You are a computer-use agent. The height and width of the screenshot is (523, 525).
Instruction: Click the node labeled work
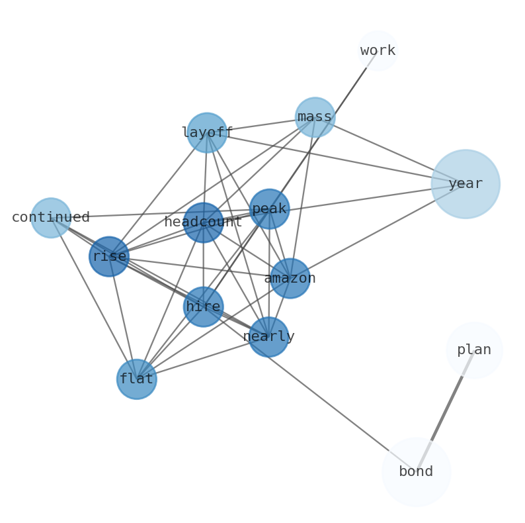(x=378, y=50)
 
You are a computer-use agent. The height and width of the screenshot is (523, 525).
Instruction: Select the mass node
(x=315, y=117)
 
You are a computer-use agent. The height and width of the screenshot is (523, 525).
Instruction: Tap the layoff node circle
(x=207, y=132)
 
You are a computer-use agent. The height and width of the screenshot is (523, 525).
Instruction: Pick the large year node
(x=465, y=184)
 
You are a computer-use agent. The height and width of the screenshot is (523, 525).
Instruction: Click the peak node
(x=269, y=209)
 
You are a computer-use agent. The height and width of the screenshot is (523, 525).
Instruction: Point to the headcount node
(x=203, y=222)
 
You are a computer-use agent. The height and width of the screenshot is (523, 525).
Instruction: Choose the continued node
(x=51, y=218)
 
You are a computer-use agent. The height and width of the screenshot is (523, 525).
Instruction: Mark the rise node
(x=109, y=256)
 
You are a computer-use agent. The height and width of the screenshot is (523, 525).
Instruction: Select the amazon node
(x=290, y=278)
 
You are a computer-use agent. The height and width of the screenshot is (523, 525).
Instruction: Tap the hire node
(x=203, y=307)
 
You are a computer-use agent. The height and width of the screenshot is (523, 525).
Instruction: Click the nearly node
(x=268, y=337)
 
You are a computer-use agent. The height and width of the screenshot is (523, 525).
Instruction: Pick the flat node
(x=136, y=379)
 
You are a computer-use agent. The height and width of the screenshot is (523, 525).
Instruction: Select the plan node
(x=474, y=350)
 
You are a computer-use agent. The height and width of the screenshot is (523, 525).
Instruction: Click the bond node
(x=416, y=472)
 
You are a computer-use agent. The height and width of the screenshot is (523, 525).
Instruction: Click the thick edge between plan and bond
(x=446, y=408)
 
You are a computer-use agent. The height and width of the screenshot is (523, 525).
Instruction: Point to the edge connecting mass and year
(x=390, y=150)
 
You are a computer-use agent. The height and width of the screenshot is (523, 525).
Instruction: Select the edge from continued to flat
(x=93, y=298)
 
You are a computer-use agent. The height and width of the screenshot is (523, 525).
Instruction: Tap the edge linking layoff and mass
(x=261, y=124)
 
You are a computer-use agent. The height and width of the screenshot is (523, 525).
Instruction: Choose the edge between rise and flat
(x=123, y=318)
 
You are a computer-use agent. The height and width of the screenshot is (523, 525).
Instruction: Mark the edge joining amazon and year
(x=378, y=231)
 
